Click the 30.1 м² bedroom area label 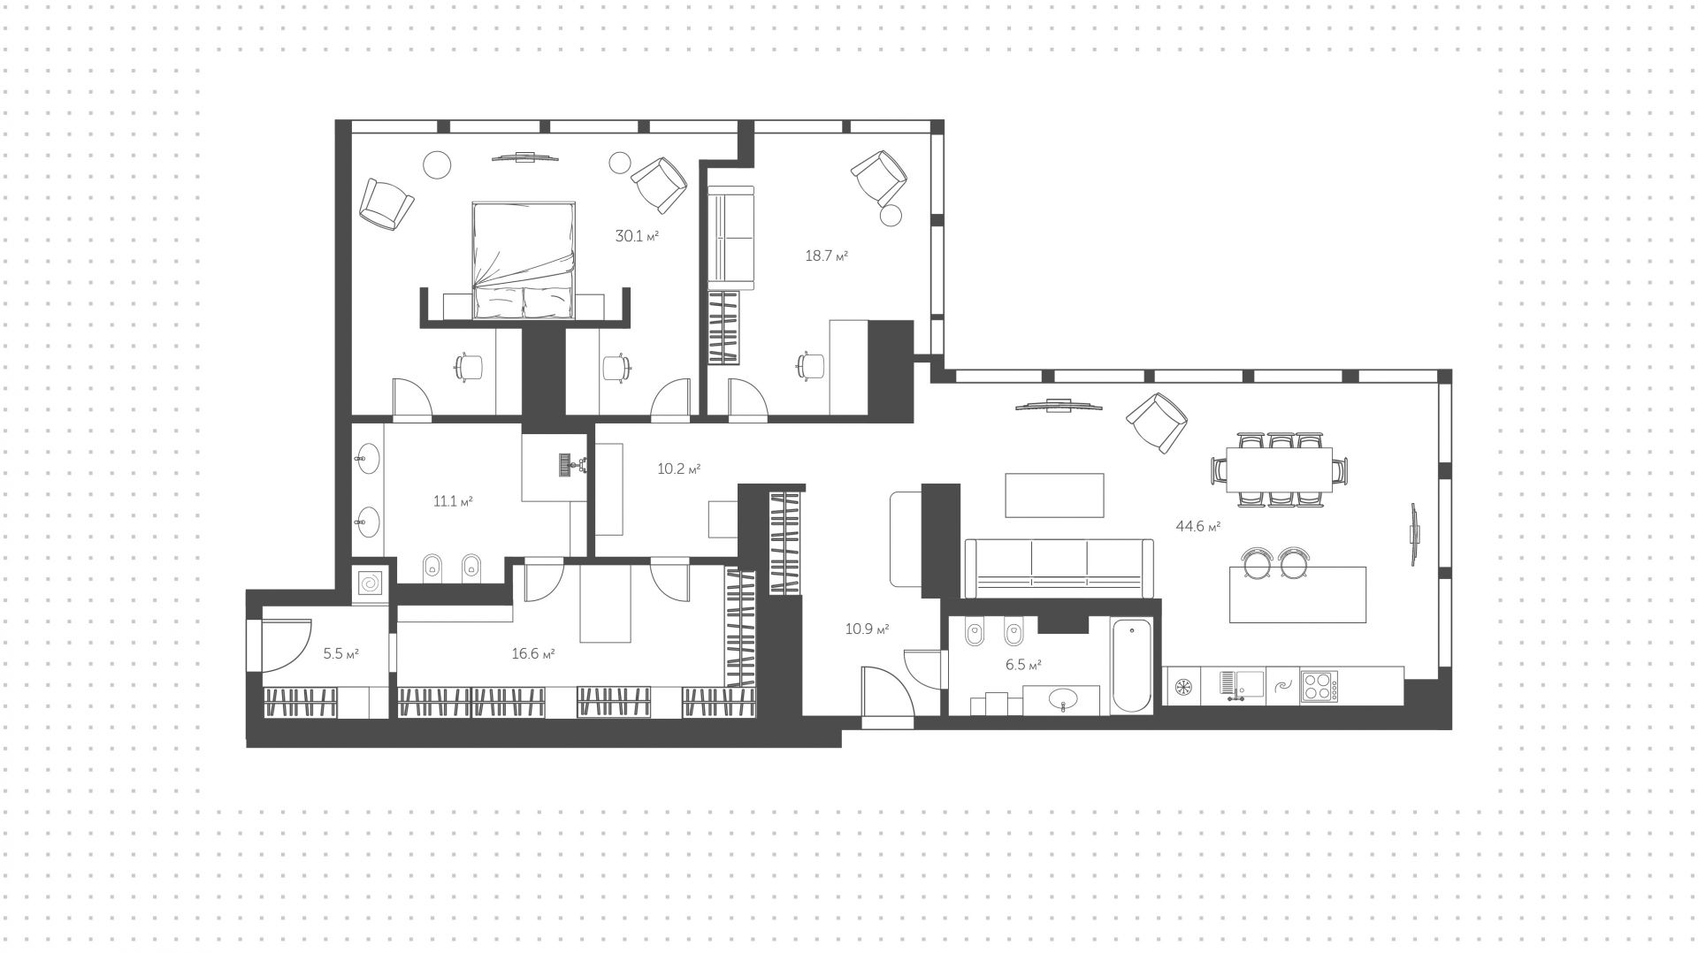click(x=637, y=236)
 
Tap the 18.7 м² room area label click(x=826, y=255)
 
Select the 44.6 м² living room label click(x=1197, y=526)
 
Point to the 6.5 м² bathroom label click(x=1022, y=665)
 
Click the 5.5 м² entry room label click(x=340, y=653)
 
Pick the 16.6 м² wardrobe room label click(x=532, y=653)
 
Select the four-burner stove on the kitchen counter click(x=1319, y=685)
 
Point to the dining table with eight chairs click(x=1280, y=469)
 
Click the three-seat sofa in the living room click(x=1059, y=568)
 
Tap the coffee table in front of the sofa click(x=1054, y=495)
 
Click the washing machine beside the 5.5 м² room click(x=370, y=584)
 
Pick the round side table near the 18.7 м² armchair click(x=891, y=216)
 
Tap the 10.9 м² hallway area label click(x=867, y=629)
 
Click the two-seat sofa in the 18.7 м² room click(x=730, y=238)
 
